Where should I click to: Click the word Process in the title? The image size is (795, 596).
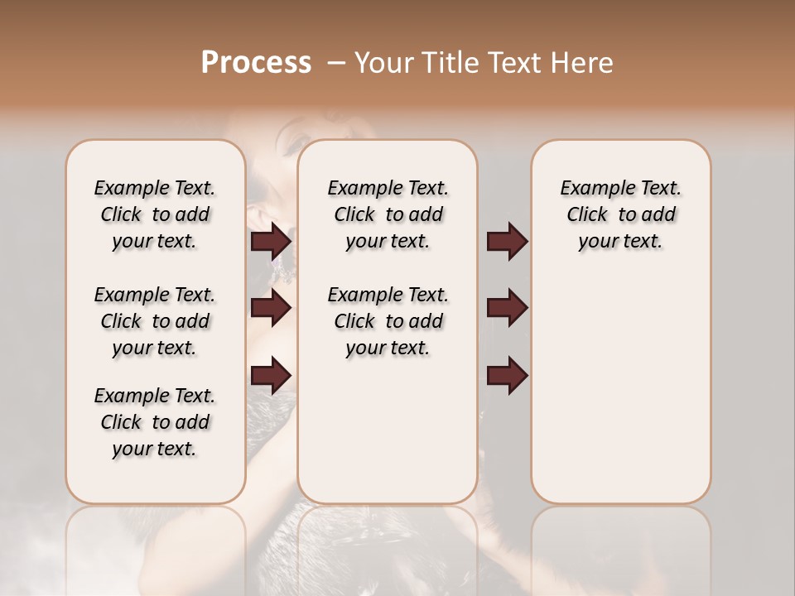(x=256, y=63)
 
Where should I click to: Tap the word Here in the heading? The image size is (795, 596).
(x=583, y=63)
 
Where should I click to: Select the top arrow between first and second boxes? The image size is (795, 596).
(x=271, y=242)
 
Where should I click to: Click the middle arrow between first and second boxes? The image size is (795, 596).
(x=271, y=308)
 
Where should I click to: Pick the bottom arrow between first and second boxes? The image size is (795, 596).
(x=271, y=375)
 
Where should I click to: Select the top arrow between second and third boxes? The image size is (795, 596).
(x=507, y=242)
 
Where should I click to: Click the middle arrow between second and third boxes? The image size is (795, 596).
(x=507, y=308)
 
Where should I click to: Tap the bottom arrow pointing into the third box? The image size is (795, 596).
(x=507, y=375)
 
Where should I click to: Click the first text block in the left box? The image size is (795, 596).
(x=155, y=214)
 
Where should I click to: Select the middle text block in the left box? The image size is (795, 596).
(x=155, y=321)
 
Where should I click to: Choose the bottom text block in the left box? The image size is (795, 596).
(x=155, y=422)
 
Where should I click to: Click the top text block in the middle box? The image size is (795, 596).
(x=388, y=214)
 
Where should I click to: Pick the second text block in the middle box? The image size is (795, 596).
(x=388, y=321)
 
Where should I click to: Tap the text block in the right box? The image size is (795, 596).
(x=620, y=214)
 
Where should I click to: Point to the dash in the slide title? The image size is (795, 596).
(x=336, y=63)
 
